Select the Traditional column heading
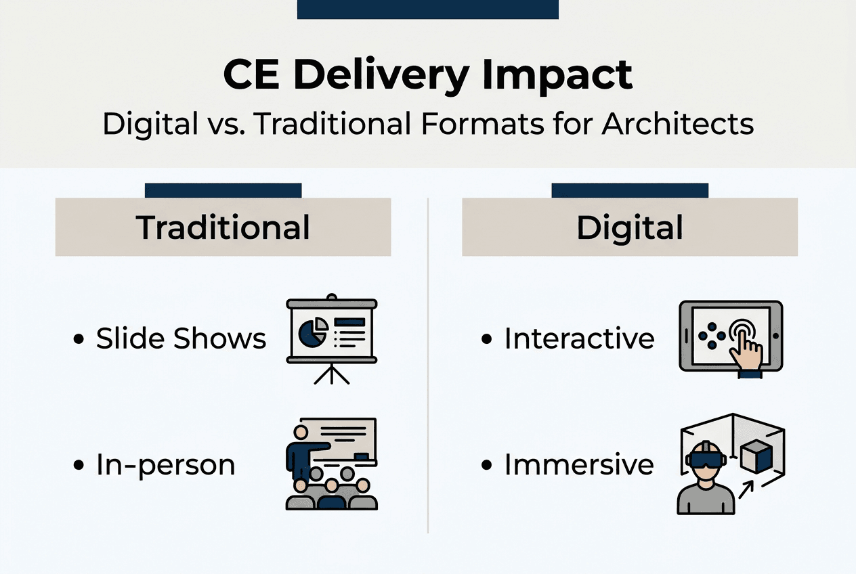pyautogui.click(x=223, y=227)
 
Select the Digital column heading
pyautogui.click(x=629, y=227)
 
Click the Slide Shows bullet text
pyautogui.click(x=181, y=338)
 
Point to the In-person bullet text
pyautogui.click(x=165, y=465)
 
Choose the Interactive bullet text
pyautogui.click(x=579, y=338)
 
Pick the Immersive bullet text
pyautogui.click(x=579, y=465)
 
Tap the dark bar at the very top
pyautogui.click(x=427, y=9)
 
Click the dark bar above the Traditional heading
pyautogui.click(x=223, y=190)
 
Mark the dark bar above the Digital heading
pyautogui.click(x=630, y=190)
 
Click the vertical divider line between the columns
pyautogui.click(x=428, y=366)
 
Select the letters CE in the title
pyautogui.click(x=252, y=76)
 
